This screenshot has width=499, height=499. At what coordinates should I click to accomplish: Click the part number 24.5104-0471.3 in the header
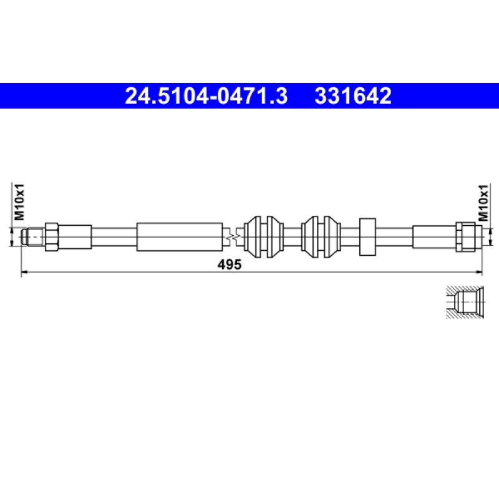(x=206, y=96)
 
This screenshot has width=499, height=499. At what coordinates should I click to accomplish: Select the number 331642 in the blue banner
(x=353, y=96)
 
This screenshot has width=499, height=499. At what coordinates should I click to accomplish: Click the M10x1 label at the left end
(x=19, y=201)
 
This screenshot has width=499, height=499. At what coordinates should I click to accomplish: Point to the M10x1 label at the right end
(x=482, y=201)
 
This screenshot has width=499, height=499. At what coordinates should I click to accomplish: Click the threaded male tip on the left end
(x=31, y=236)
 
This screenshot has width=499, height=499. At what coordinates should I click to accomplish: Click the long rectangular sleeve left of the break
(x=180, y=236)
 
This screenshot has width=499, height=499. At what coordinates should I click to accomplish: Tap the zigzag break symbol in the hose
(x=232, y=237)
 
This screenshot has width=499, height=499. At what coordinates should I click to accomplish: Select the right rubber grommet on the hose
(x=321, y=236)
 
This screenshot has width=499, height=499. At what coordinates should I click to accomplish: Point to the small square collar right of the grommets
(x=367, y=236)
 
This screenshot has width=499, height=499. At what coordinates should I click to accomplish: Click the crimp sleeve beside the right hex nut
(x=434, y=236)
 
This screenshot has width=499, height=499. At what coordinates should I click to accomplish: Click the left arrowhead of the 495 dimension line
(x=25, y=272)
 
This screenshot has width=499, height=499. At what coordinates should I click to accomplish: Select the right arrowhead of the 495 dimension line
(x=481, y=272)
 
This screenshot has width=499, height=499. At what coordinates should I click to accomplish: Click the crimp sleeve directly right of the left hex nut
(x=75, y=236)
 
